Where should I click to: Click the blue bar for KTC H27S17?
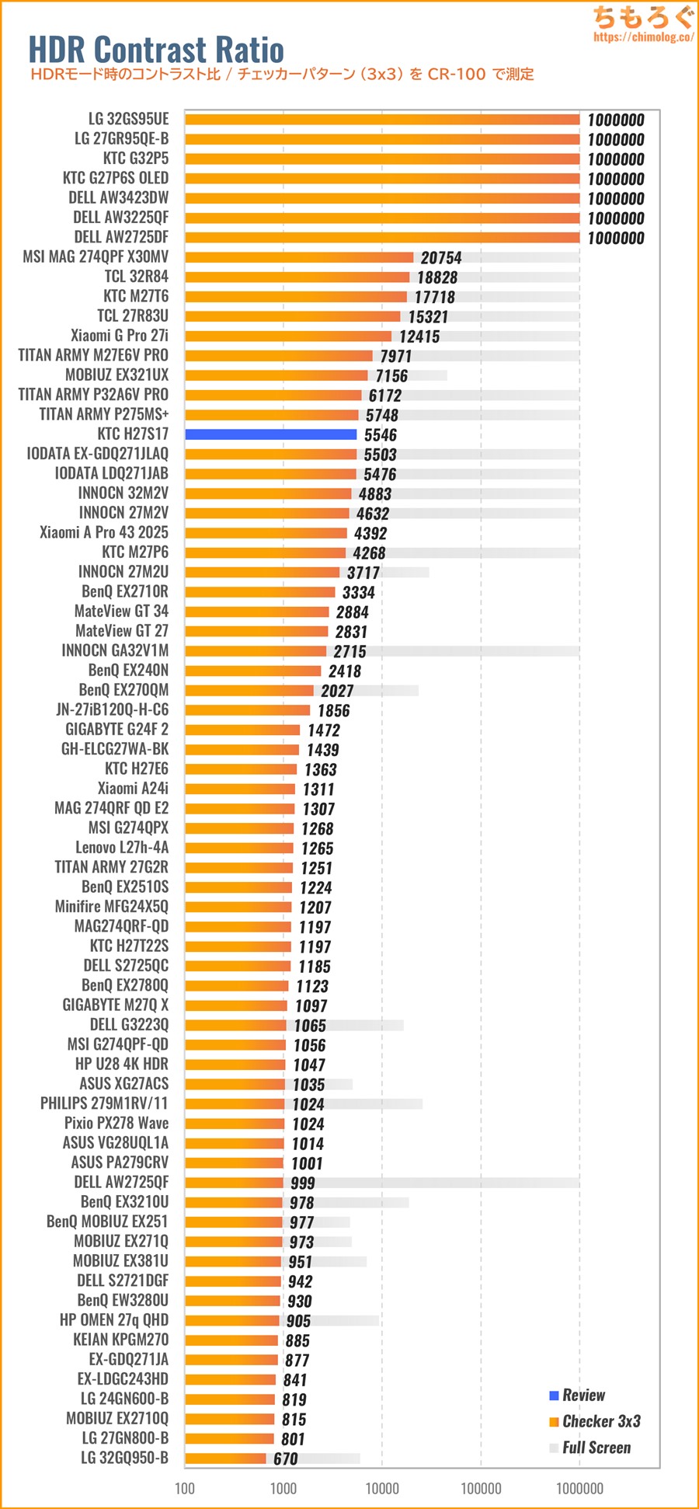270,434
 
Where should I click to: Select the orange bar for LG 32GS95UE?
382,119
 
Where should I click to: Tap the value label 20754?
440,258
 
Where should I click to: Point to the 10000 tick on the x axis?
382,1488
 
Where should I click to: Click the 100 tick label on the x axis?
185,1488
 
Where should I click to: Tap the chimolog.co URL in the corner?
643,37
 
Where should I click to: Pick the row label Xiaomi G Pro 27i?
120,336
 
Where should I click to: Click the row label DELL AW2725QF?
121,1182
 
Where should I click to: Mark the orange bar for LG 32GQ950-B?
225,1458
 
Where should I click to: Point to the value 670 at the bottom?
285,1459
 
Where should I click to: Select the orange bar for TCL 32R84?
297,277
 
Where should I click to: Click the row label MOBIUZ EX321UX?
116,375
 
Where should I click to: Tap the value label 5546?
380,435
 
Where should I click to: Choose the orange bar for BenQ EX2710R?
259,592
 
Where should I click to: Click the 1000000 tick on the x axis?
579,1488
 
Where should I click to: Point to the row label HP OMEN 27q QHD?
114,1320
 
